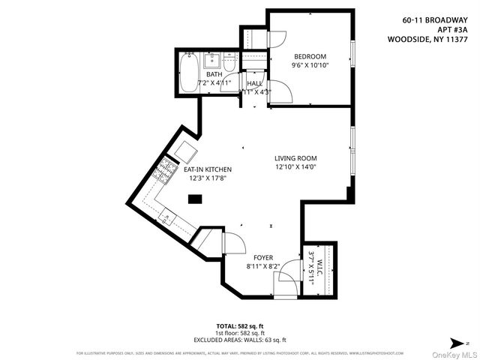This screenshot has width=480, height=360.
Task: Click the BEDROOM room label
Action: [310, 57]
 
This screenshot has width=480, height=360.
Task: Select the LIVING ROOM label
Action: [295, 158]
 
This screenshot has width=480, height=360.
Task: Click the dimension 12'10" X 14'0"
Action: [295, 167]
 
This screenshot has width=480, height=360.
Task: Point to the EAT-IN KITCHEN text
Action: [207, 169]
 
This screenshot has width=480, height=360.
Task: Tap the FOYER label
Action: [262, 257]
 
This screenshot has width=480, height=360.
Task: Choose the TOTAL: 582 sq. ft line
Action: [239, 325]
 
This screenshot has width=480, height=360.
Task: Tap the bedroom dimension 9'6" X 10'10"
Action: [310, 65]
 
